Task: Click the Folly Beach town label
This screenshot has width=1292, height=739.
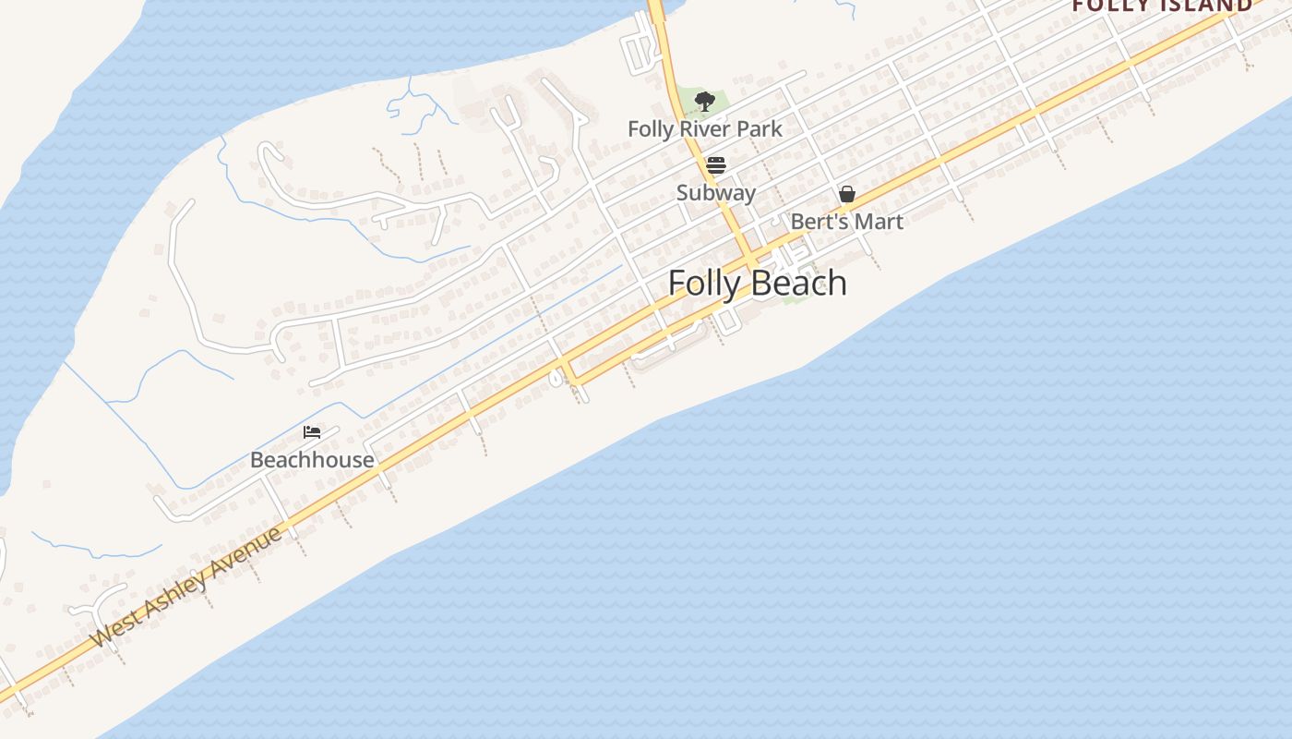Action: [757, 283]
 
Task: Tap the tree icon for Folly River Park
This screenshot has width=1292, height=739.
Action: [705, 101]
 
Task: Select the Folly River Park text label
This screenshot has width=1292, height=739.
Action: [705, 129]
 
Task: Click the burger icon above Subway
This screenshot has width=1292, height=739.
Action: [716, 165]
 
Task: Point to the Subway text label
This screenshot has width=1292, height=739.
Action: [716, 193]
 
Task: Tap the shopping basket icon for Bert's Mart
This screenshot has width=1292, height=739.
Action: [847, 194]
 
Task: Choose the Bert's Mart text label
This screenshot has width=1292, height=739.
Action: [847, 222]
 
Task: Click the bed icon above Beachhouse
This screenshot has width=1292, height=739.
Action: [312, 431]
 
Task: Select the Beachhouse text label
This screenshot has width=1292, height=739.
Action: [312, 459]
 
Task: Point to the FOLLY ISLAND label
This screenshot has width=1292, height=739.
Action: [1162, 6]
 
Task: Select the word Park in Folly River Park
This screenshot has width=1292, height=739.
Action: [760, 129]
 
